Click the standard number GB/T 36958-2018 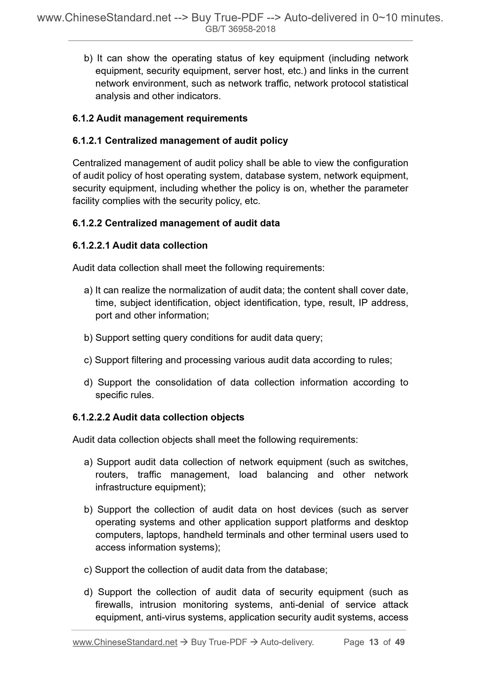tap(240, 29)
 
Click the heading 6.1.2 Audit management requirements tap(160, 118)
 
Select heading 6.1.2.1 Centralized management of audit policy tap(180, 141)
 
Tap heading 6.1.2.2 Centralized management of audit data tap(176, 223)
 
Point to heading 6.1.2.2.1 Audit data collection tap(140, 245)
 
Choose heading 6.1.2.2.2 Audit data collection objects tap(158, 417)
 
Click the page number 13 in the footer tap(374, 642)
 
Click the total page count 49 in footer tap(400, 642)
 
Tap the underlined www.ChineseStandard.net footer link tap(125, 642)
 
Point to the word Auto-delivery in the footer tap(287, 642)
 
